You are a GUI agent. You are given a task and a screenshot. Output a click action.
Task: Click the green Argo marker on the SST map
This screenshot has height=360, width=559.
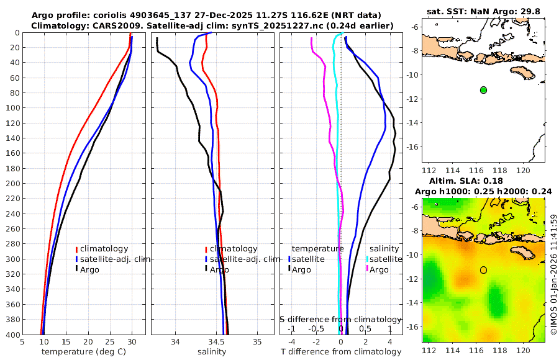[483, 90]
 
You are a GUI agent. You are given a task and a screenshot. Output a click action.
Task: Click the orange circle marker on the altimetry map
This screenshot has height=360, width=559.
[483, 270]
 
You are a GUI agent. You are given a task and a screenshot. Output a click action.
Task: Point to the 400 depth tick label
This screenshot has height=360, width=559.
[12, 335]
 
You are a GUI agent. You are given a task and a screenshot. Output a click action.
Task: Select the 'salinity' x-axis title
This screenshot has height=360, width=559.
[212, 352]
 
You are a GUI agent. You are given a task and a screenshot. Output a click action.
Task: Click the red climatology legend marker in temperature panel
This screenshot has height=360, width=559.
[76, 249]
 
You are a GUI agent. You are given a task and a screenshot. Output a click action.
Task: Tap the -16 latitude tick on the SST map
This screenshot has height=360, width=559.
[413, 147]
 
